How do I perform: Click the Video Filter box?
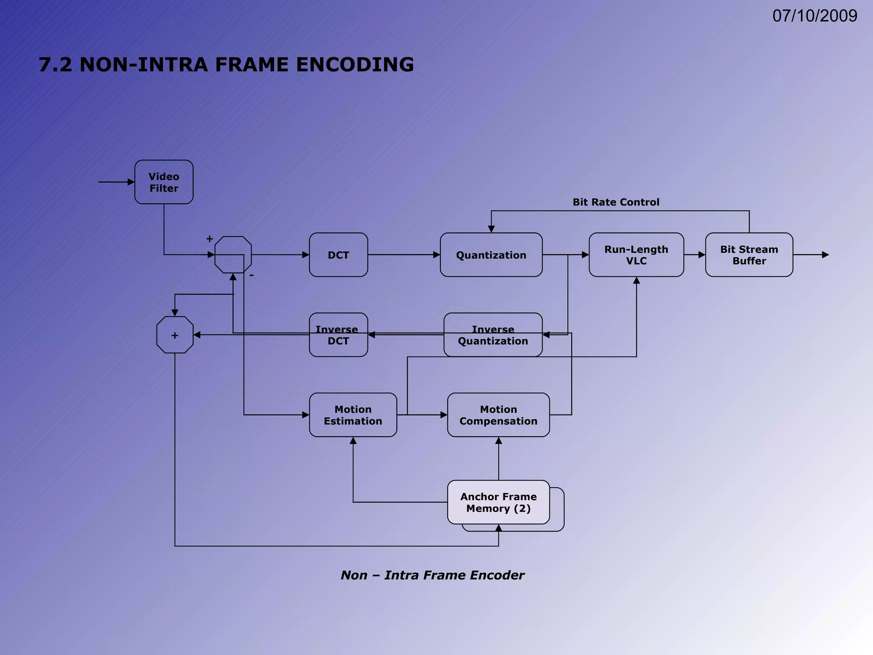(164, 182)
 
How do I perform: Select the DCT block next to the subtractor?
(338, 255)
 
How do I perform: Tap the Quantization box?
(491, 255)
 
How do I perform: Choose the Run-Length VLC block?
(636, 255)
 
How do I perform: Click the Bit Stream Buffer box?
(749, 255)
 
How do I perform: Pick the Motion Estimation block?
(353, 415)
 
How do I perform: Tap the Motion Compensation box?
(498, 415)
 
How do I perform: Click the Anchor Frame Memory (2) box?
(498, 502)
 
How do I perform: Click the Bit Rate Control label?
(616, 202)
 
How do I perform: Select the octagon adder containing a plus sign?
(175, 335)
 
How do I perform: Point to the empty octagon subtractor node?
(233, 255)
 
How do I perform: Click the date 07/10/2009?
(815, 16)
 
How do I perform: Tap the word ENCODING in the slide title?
(355, 65)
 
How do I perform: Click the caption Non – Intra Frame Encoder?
(432, 575)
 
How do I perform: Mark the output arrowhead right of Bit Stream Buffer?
(825, 255)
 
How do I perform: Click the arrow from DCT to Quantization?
(403, 255)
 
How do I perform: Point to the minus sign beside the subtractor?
(251, 275)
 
